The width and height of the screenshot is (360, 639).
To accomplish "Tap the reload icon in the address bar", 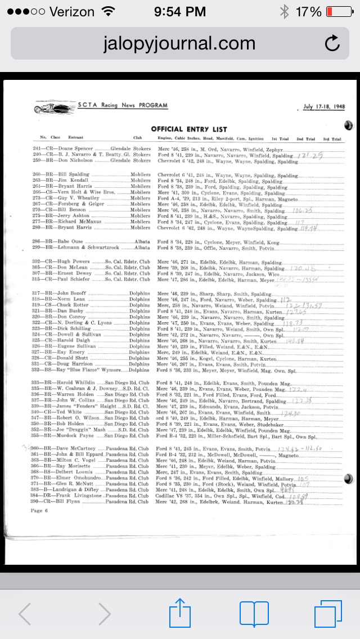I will click(x=332, y=43).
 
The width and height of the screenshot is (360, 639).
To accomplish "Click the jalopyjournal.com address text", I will click(x=179, y=44).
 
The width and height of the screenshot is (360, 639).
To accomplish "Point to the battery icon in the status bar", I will click(x=337, y=11).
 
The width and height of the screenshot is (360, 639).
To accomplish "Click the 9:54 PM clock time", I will click(x=179, y=11).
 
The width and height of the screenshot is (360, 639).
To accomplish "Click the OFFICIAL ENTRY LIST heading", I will click(x=189, y=129).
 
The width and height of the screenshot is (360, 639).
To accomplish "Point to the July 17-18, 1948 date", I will click(x=323, y=107).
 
